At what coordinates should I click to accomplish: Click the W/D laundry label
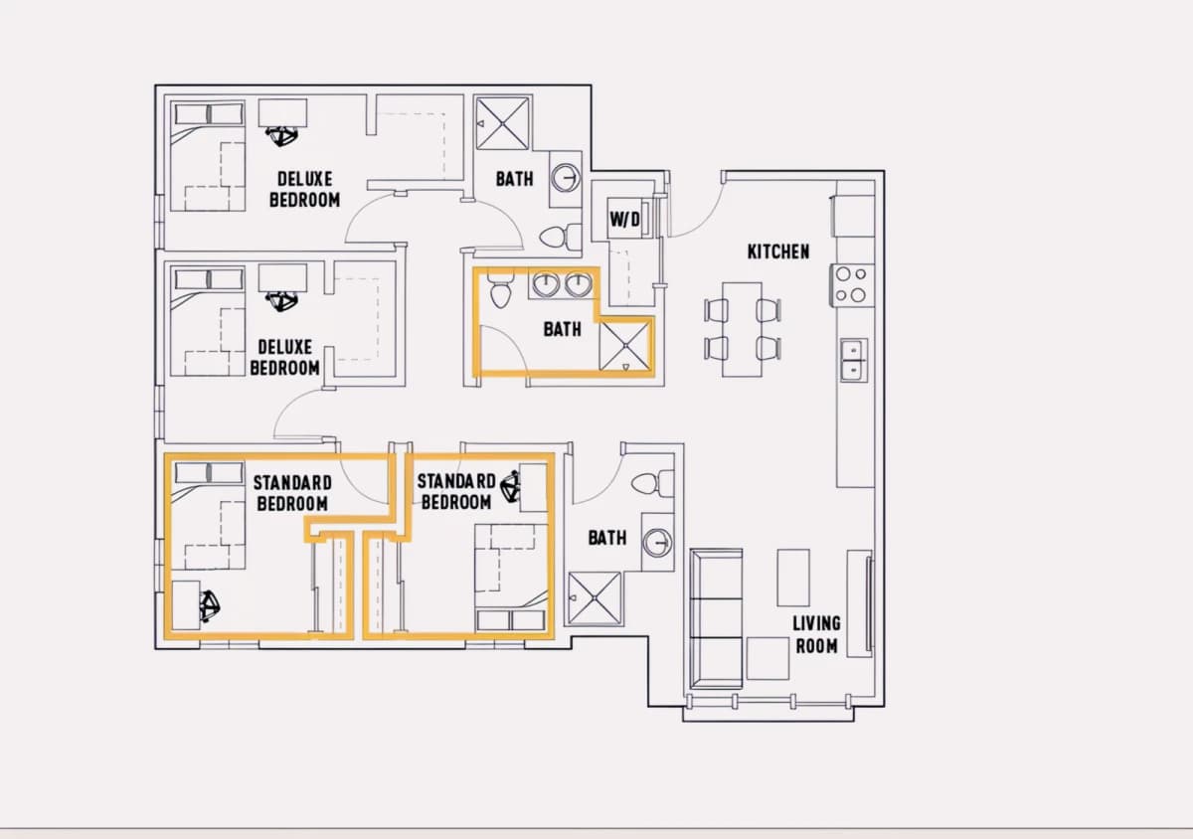point(624,219)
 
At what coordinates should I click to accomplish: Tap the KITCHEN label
point(778,252)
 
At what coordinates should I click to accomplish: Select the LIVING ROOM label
point(816,634)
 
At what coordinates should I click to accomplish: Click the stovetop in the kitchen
point(851,285)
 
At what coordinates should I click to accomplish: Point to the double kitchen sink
point(854,360)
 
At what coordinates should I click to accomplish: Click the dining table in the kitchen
point(742,330)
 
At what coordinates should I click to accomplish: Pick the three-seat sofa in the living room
point(716,618)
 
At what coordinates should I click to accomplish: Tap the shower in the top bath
point(503,123)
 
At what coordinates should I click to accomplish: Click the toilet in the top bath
point(560,236)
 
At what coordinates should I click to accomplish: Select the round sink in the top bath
point(566,178)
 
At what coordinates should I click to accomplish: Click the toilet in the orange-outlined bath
point(500,288)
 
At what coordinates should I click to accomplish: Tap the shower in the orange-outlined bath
point(624,346)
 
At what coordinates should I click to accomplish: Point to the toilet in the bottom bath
point(652,484)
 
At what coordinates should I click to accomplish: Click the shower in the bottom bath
point(595,598)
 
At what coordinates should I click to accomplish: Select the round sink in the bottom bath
point(657,543)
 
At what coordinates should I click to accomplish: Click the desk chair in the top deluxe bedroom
point(281,136)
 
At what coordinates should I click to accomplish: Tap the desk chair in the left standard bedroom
point(210,606)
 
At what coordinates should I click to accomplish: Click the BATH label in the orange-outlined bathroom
point(562,330)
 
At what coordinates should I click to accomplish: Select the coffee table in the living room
point(793,578)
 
